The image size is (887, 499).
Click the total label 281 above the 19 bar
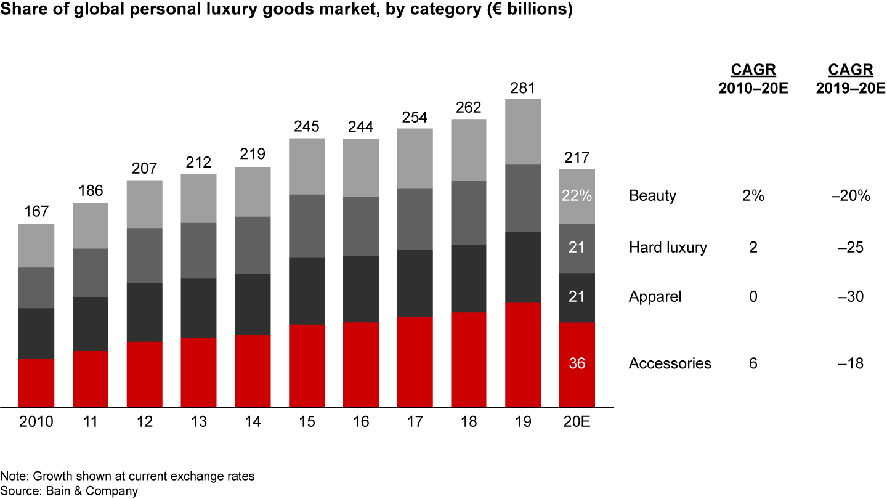point(522,87)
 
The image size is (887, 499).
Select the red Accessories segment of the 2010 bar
point(36,382)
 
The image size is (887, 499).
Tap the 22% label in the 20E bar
point(577,196)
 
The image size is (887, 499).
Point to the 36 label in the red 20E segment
point(577,363)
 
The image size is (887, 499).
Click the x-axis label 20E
point(577,422)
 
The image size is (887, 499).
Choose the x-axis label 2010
point(36,422)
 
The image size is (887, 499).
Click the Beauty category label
point(652,196)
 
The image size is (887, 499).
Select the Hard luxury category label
point(668,248)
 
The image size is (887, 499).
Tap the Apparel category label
point(655,297)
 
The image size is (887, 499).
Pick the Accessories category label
point(670,363)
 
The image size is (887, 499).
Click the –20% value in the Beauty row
point(850,196)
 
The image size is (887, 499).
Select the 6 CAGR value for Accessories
point(753,363)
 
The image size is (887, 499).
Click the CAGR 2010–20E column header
point(753,79)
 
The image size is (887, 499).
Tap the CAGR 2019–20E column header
point(850,79)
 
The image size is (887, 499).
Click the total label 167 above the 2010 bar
point(36,213)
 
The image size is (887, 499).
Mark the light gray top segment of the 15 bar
point(307,166)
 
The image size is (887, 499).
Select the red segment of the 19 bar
point(522,354)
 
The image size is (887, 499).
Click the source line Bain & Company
point(69,491)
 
